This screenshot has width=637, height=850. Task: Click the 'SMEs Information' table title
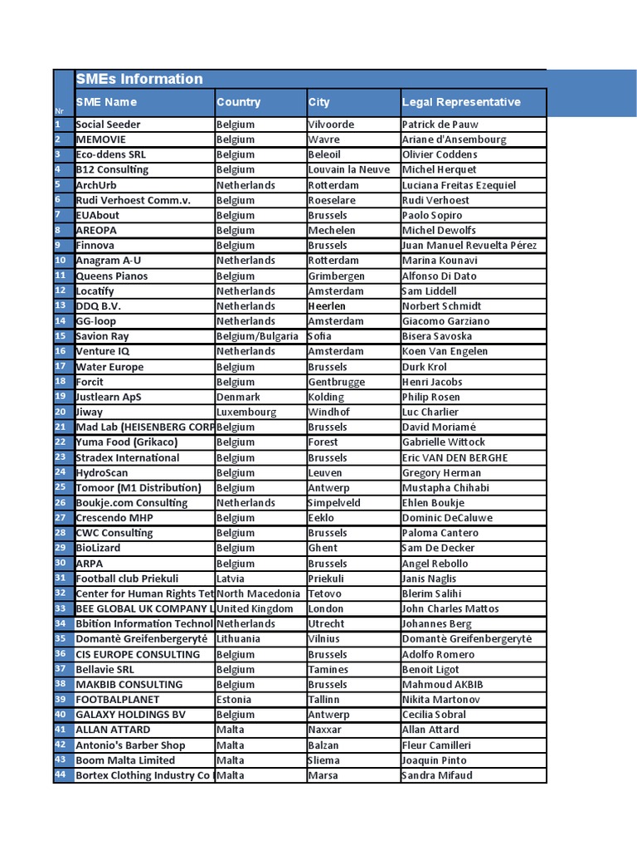(139, 80)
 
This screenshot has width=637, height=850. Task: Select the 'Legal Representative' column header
(461, 103)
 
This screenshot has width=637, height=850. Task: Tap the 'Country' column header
(238, 103)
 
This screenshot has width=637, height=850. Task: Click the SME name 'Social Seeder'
(108, 125)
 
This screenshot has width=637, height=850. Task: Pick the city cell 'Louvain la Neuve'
(348, 170)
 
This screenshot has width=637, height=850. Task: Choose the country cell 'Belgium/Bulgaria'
(257, 336)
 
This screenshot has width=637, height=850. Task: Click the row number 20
(61, 412)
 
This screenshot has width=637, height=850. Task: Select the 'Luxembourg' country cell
(246, 412)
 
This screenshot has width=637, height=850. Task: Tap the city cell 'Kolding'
(326, 397)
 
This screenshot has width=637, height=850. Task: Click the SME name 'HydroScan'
(102, 472)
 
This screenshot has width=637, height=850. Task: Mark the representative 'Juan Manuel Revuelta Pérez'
(469, 246)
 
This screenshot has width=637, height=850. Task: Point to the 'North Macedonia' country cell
(258, 594)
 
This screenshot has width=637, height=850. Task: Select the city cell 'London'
(326, 608)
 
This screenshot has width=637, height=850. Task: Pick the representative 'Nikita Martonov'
(440, 700)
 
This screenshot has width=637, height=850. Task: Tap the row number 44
(61, 775)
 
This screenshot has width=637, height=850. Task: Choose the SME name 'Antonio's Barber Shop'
(130, 745)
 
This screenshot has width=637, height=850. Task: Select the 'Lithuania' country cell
(238, 639)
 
